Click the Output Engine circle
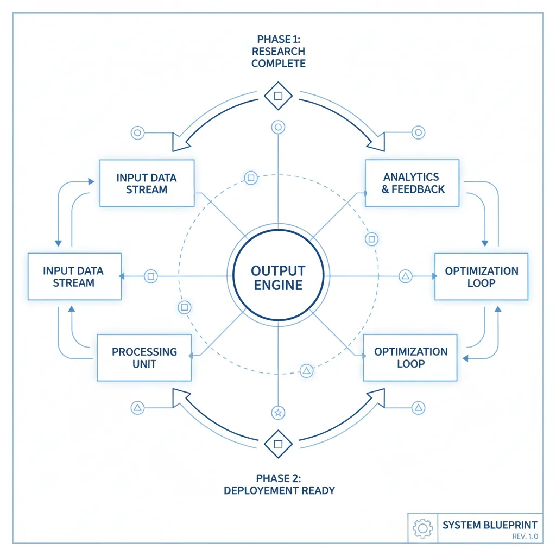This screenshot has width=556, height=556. click(x=277, y=276)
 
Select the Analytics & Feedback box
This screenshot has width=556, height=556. click(x=412, y=183)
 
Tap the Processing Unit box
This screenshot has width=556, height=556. click(x=144, y=357)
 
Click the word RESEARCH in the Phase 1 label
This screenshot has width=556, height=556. click(x=278, y=52)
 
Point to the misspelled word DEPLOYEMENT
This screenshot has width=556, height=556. click(x=262, y=490)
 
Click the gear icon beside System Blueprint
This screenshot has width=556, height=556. click(x=422, y=527)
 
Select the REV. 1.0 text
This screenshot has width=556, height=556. click(x=525, y=536)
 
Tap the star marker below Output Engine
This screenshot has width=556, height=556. click(x=278, y=413)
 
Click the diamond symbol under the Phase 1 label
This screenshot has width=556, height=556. click(x=278, y=96)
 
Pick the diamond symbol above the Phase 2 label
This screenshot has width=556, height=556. click(x=278, y=444)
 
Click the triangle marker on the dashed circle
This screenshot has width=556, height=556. click(x=306, y=371)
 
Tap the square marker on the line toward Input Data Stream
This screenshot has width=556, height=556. click(x=151, y=276)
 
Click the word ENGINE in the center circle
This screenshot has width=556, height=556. click(x=277, y=285)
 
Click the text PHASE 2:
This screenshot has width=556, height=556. click(x=278, y=478)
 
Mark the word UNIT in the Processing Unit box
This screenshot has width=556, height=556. click(x=144, y=364)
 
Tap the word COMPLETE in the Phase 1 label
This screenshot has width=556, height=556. click(x=278, y=64)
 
